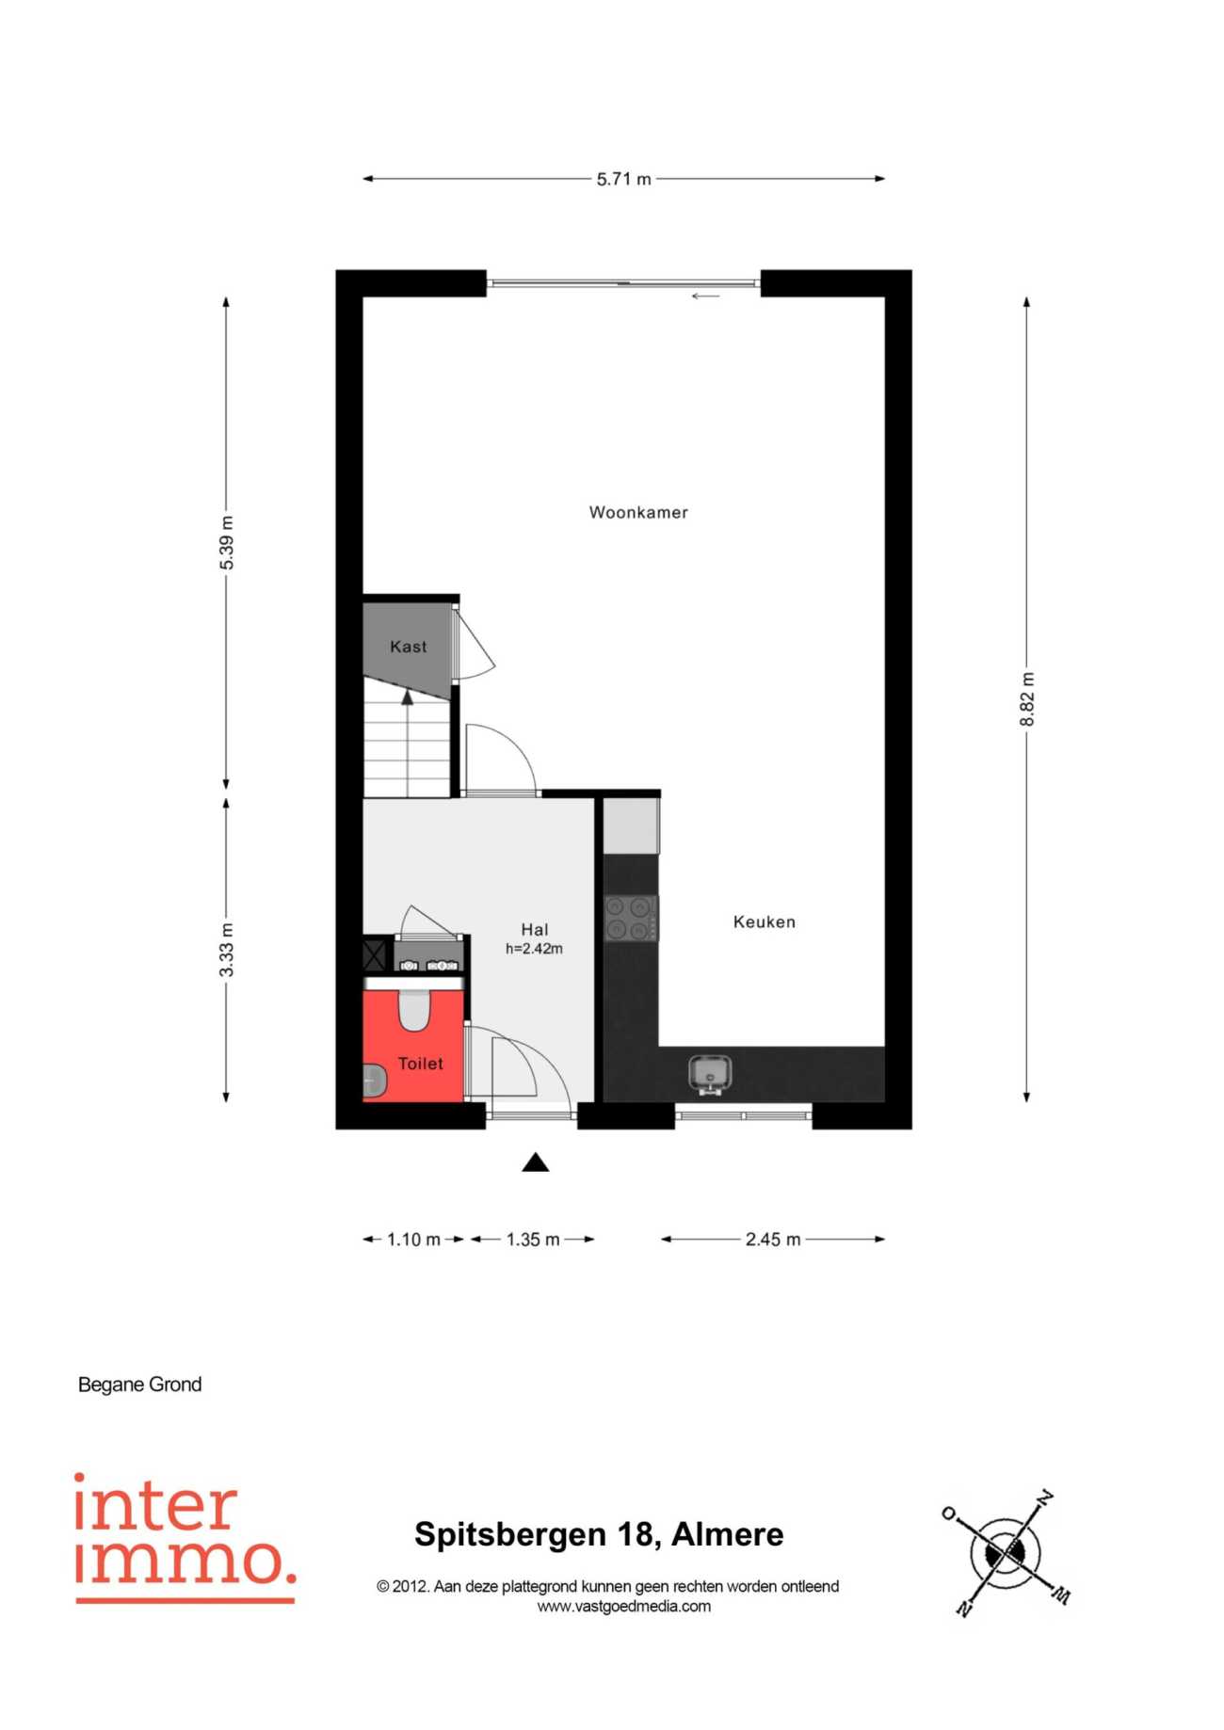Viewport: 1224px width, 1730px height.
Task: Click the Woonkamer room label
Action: [x=638, y=512]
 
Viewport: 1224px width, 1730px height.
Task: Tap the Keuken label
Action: [x=764, y=921]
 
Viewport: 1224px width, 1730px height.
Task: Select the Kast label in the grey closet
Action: [x=408, y=647]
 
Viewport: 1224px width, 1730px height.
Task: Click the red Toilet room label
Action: [x=420, y=1064]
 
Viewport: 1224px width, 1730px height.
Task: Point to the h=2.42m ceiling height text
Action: [x=534, y=949]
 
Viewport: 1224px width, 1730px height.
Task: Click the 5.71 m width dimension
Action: [x=623, y=179]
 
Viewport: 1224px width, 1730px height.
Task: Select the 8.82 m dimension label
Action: [x=1027, y=699]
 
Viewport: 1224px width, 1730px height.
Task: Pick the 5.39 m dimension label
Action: [x=227, y=543]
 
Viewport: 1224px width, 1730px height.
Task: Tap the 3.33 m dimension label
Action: [x=227, y=950]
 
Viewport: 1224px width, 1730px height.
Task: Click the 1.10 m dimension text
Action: [x=413, y=1240]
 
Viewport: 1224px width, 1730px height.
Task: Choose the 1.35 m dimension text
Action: [x=533, y=1240]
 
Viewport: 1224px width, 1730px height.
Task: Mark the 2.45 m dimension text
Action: [x=773, y=1240]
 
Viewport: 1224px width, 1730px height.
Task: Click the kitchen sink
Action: [x=710, y=1074]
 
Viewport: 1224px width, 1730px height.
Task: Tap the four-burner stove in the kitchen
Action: [x=631, y=918]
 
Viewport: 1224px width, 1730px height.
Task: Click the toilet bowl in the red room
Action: [x=414, y=1008]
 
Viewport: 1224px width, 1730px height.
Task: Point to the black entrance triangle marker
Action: [x=536, y=1162]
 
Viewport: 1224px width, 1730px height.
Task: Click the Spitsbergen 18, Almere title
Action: [x=599, y=1534]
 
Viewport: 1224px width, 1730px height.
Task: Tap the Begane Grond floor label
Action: [x=139, y=1385]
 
